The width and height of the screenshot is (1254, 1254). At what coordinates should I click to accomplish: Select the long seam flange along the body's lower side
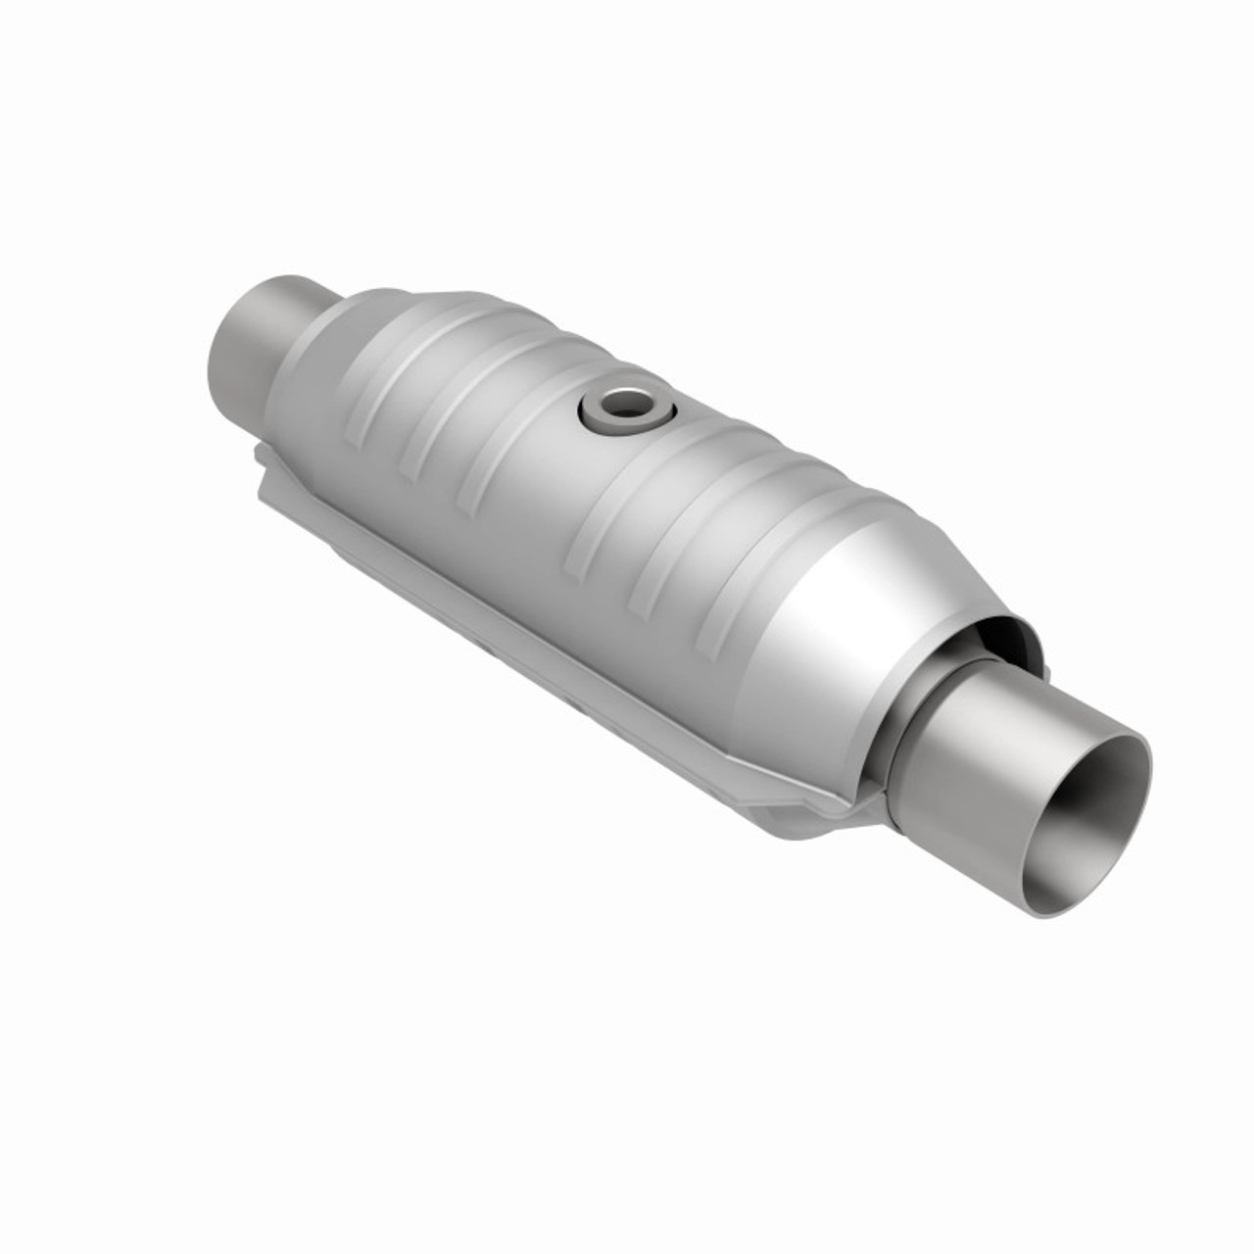pos(549,627)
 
